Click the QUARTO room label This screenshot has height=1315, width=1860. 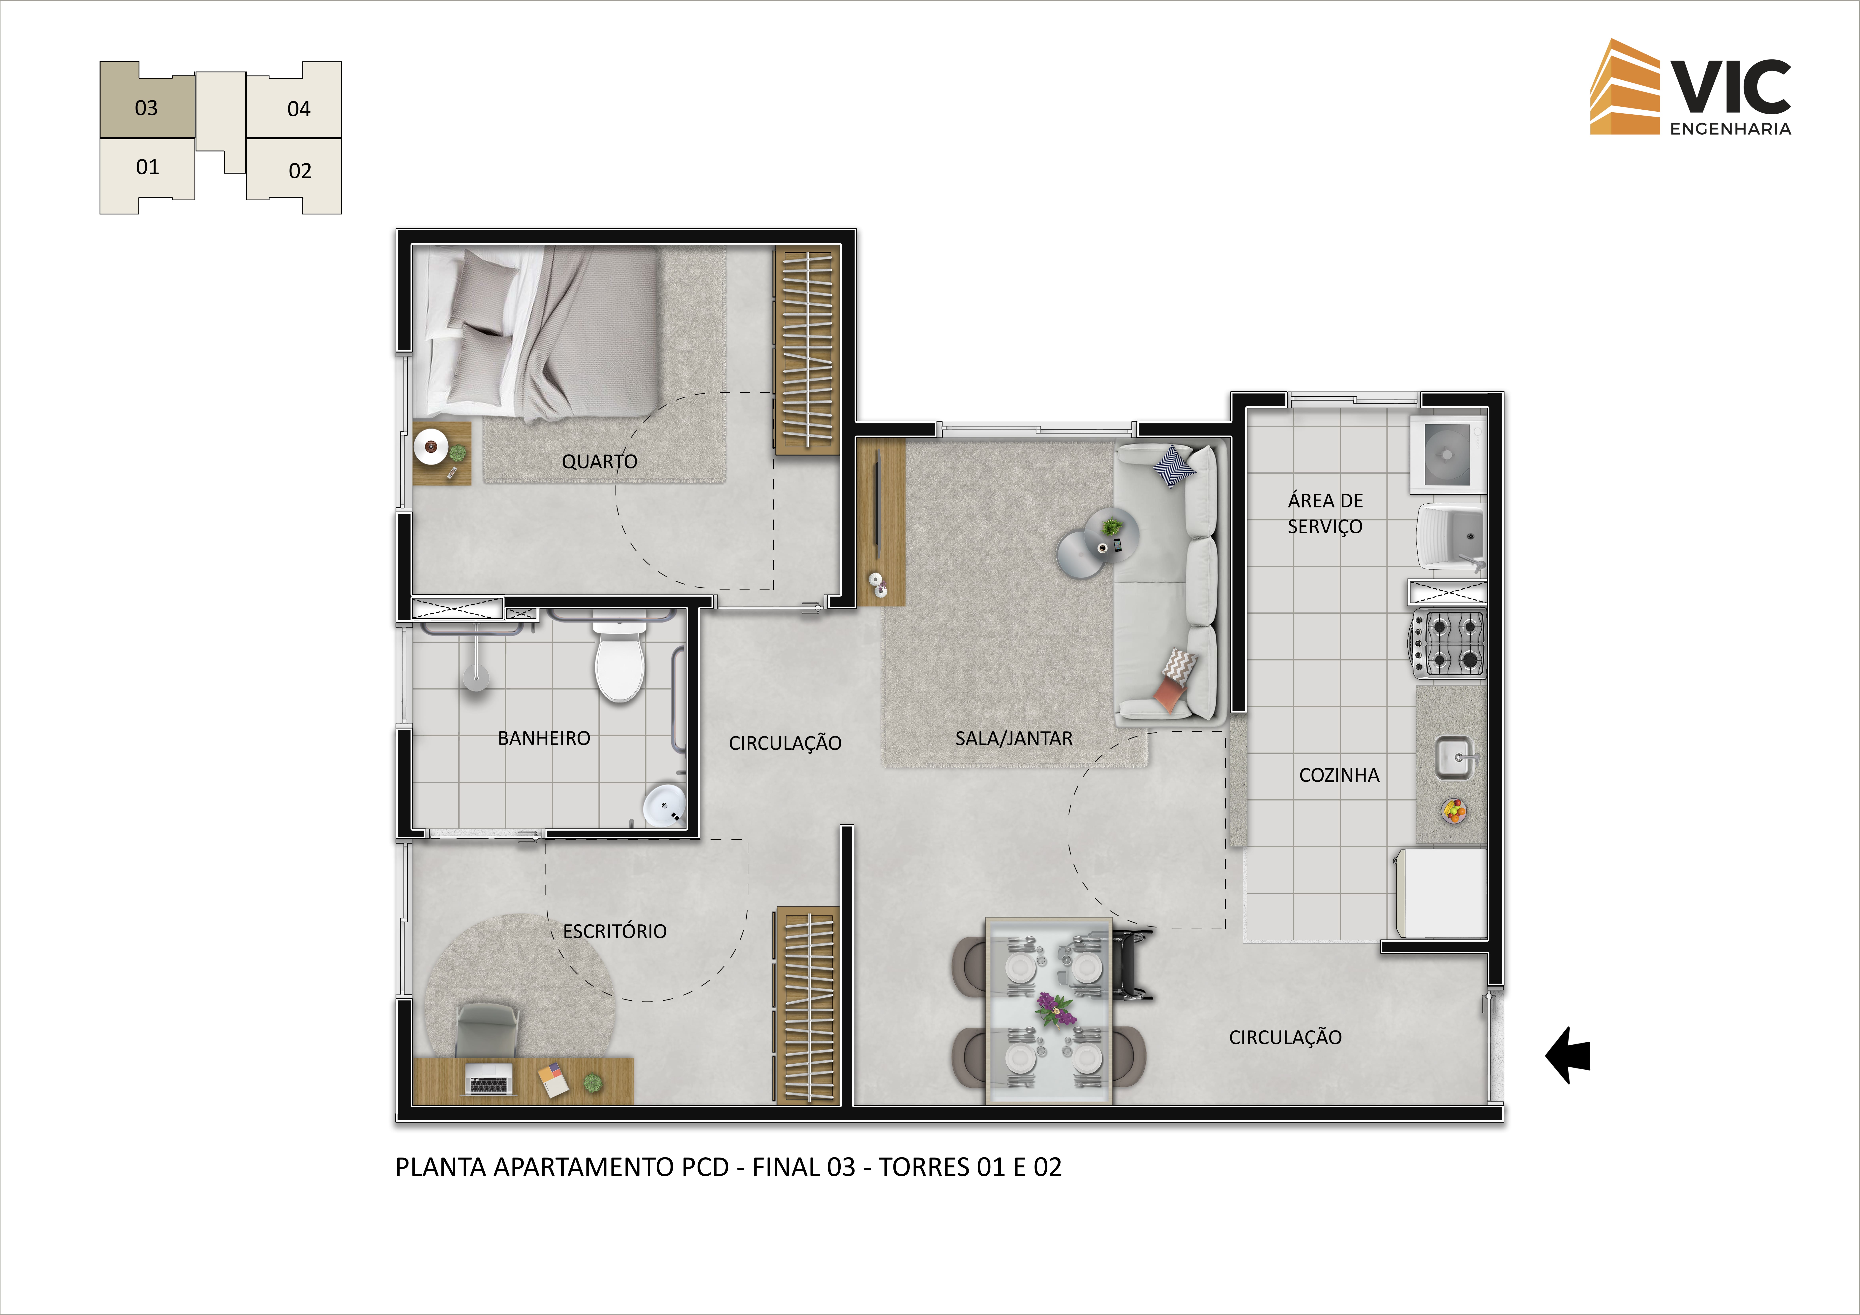coord(599,462)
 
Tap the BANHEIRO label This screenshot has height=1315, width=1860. coord(544,739)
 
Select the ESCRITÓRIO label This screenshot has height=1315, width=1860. coord(615,931)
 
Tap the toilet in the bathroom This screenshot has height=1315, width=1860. coord(620,660)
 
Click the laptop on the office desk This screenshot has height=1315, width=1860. coord(489,1079)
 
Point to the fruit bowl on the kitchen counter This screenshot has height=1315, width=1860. coord(1454,810)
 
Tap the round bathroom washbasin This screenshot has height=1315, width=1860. coord(664,806)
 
